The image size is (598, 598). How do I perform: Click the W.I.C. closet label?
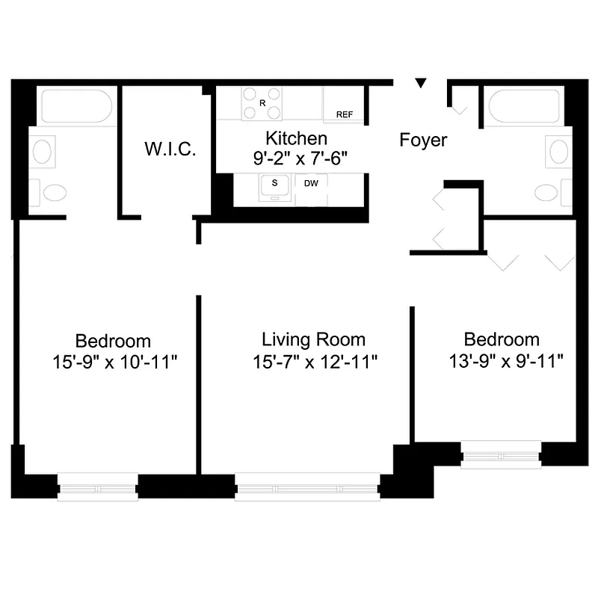click(170, 149)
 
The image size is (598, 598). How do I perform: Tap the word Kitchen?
click(297, 138)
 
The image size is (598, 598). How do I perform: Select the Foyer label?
click(423, 140)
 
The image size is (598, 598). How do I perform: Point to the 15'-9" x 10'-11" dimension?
click(114, 363)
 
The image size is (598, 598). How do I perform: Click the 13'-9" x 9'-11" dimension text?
click(506, 361)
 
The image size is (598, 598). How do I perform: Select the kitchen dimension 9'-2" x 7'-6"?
click(297, 158)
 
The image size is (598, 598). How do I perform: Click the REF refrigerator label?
click(345, 114)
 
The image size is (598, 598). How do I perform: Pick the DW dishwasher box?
click(309, 182)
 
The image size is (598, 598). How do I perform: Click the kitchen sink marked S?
click(275, 186)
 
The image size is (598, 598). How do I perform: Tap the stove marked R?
click(262, 103)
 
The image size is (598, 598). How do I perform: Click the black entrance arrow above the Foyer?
click(422, 83)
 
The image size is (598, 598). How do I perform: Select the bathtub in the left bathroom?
click(76, 107)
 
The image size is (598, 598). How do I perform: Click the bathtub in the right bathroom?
click(524, 107)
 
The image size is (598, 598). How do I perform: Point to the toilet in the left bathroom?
click(53, 193)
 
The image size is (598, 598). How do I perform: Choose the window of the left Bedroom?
click(98, 487)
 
